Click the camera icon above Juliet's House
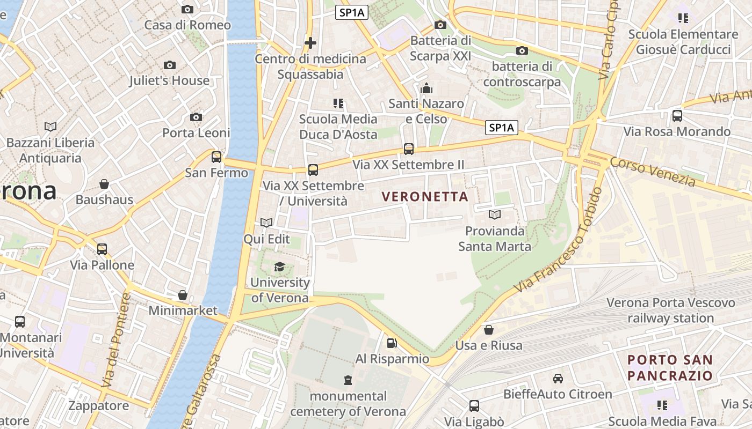click(170, 65)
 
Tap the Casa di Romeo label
click(187, 25)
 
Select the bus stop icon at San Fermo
click(216, 157)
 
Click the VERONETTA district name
click(425, 197)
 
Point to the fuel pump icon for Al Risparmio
click(392, 343)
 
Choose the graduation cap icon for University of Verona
click(279, 267)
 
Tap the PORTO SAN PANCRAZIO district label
click(670, 367)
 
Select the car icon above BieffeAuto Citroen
click(558, 379)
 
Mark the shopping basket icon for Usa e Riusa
click(489, 329)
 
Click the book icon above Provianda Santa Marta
click(494, 215)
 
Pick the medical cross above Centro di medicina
click(310, 43)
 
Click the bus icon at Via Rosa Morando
click(677, 115)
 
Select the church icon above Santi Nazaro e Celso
click(426, 88)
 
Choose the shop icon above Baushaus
click(104, 184)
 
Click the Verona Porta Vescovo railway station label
click(671, 310)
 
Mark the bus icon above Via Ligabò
click(474, 406)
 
